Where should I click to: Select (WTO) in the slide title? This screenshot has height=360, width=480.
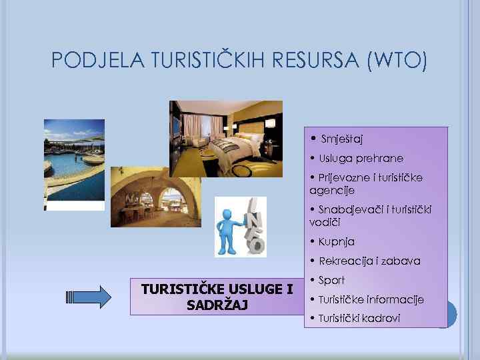394,61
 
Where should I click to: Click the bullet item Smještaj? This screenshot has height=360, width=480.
341,139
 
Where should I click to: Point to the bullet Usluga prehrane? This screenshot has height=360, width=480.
361,159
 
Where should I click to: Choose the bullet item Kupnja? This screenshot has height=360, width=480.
337,241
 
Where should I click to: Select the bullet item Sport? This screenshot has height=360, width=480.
331,281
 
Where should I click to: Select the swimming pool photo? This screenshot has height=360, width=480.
74,161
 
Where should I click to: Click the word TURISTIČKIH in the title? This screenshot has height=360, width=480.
208,61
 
